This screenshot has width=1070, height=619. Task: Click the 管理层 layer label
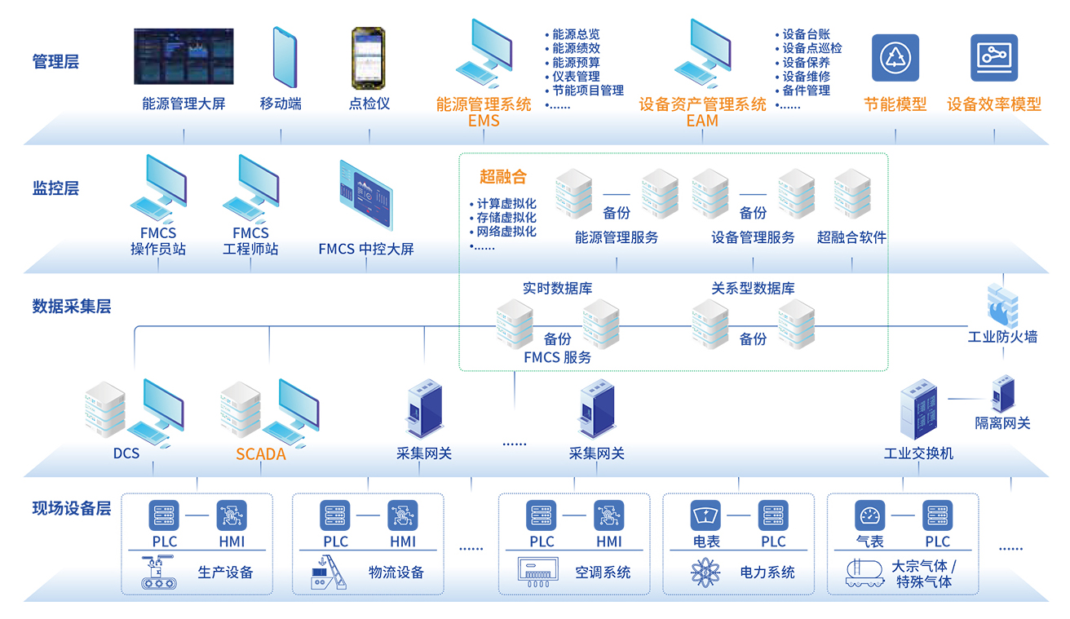coord(55,61)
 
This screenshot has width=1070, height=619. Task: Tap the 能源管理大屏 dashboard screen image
coord(183,56)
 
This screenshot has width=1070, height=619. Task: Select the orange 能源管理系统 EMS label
coord(484,113)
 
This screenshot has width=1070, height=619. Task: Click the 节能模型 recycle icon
coord(895,57)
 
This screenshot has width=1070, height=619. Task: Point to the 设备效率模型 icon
coord(994,57)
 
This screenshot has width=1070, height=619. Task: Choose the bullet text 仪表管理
coord(576,76)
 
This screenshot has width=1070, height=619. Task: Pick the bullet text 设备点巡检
coord(812,48)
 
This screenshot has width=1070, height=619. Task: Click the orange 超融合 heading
coord(503,177)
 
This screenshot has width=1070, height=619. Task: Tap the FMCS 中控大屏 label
coord(366,249)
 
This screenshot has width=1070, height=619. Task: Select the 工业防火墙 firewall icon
coord(1001,303)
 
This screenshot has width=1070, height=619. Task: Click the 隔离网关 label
coord(1002,423)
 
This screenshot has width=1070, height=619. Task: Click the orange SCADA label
coord(261,454)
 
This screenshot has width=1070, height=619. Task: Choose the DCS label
coord(126,453)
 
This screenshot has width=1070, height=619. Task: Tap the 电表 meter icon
coord(705,515)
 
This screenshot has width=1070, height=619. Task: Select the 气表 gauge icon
coord(869,515)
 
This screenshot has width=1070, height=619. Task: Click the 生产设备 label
coord(225,572)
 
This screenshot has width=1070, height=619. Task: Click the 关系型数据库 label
coord(753,288)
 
